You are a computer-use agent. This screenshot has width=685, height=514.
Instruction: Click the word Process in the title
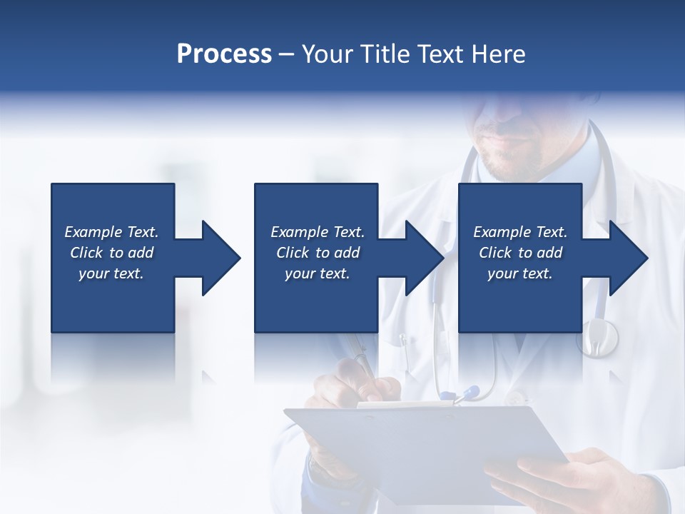[x=224, y=54]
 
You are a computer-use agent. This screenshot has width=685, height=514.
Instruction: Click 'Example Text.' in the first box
[x=111, y=232]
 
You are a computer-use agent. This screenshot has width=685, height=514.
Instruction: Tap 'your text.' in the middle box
[x=317, y=273]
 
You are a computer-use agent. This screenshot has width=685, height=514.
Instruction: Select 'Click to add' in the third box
[x=520, y=253]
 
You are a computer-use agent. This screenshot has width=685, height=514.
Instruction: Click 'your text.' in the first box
[x=111, y=273]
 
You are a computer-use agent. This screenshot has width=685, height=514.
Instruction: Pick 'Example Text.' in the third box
[x=520, y=232]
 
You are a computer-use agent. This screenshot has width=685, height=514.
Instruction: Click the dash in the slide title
[x=286, y=54]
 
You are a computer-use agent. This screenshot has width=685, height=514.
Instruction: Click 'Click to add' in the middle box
[x=317, y=253]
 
